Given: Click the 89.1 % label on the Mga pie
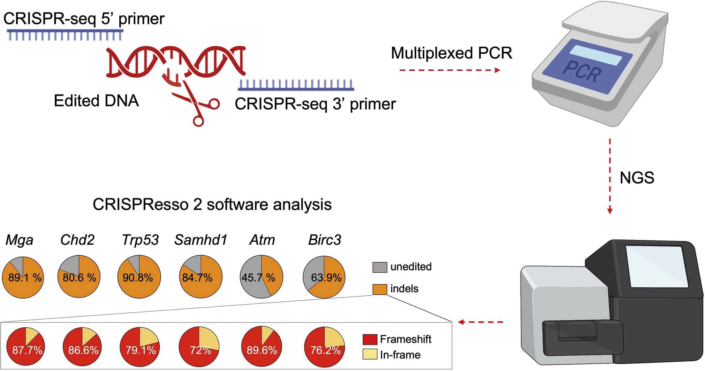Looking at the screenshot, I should point(25,278).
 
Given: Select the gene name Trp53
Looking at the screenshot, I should point(140,240).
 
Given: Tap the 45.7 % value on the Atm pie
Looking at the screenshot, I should point(258,278).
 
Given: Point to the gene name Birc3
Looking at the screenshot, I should point(324,240).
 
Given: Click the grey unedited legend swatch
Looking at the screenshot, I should point(380,267).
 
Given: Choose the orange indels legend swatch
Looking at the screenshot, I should point(380,289).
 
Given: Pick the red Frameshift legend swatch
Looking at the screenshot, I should point(370,339).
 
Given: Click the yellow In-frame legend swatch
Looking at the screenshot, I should point(370,354).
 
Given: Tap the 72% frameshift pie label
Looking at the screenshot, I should point(201,351).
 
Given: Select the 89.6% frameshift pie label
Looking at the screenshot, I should point(262,351).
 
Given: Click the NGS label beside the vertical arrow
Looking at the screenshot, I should point(637,178).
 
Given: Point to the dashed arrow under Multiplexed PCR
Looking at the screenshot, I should point(450,70).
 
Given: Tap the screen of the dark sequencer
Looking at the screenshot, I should point(657,266).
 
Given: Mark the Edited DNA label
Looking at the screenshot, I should point(96,101).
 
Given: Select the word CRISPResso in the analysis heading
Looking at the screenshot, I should point(140,205).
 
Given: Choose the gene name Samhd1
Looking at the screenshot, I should point(201,240).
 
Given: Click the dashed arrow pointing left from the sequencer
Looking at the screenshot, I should point(480,322).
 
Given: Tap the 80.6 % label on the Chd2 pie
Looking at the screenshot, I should point(79,278).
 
